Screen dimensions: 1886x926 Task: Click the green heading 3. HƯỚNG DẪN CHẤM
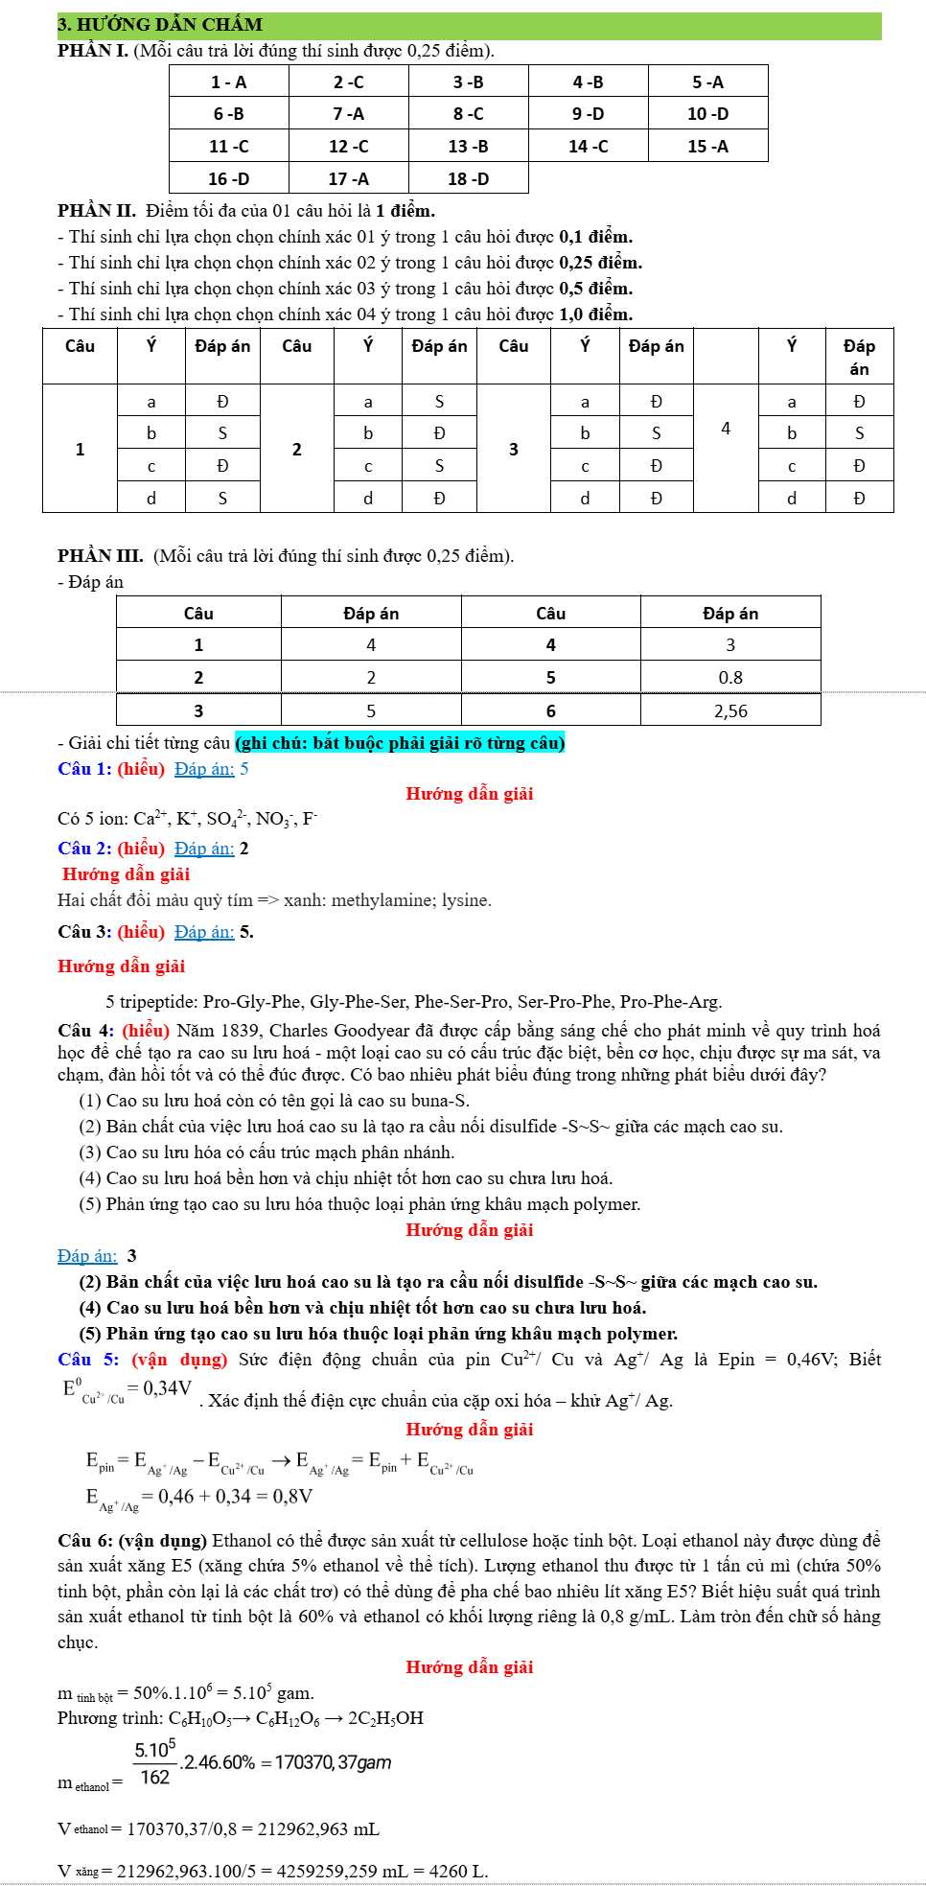[x=160, y=25]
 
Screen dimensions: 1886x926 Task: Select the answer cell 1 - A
[x=228, y=82]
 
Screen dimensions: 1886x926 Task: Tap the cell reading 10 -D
[x=707, y=114]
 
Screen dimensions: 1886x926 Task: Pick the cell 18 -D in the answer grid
[x=468, y=179]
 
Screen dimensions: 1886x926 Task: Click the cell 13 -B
[x=468, y=147]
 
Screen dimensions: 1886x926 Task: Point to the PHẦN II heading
[x=97, y=211]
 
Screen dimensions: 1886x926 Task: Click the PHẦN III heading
[x=101, y=556]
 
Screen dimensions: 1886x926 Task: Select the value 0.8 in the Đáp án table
[x=730, y=678]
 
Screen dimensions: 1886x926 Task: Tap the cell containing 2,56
[x=730, y=711]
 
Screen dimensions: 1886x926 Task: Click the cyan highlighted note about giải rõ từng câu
[x=400, y=743]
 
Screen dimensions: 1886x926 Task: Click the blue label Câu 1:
[x=84, y=769]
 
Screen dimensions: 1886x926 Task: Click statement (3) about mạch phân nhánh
[x=266, y=1153]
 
